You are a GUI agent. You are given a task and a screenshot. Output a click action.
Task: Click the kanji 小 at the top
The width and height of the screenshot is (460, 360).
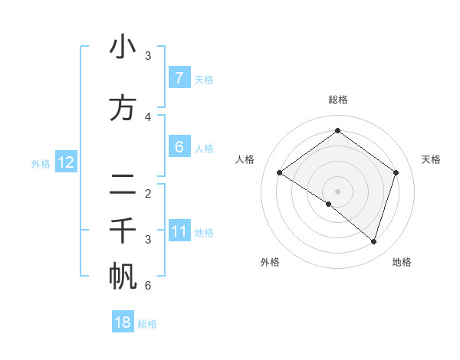(x=123, y=47)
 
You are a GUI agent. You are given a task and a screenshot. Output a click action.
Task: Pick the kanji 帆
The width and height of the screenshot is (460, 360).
(x=123, y=277)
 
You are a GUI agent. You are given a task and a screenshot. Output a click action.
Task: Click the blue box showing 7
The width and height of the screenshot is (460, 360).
(x=179, y=78)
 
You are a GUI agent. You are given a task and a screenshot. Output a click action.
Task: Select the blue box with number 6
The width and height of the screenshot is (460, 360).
(x=179, y=147)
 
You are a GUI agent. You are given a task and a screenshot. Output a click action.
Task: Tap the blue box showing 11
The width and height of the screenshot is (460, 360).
(x=179, y=232)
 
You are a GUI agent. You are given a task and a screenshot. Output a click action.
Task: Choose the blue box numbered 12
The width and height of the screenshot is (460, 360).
(x=65, y=162)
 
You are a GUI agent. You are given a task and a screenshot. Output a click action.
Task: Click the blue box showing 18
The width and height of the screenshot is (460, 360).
(x=123, y=322)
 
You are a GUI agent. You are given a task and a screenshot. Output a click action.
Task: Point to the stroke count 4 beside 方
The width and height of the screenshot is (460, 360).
(x=148, y=116)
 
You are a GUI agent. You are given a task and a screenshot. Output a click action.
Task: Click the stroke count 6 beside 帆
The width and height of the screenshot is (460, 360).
(x=148, y=286)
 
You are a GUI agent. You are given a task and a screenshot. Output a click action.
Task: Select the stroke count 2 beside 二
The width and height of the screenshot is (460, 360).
(x=148, y=194)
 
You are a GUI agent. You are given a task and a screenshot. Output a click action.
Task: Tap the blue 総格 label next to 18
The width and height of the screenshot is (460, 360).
(x=147, y=324)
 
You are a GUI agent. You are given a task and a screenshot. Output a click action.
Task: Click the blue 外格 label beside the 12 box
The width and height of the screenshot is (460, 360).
(x=41, y=163)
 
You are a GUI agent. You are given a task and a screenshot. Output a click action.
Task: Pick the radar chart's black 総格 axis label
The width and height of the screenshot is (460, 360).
(x=337, y=100)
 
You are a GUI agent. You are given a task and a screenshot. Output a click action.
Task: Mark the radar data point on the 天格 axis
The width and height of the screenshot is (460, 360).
(x=396, y=172)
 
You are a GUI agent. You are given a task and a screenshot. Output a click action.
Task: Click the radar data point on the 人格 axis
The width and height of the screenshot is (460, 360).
(x=279, y=172)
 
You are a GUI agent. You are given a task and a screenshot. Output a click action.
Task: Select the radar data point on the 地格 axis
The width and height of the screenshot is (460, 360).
(x=373, y=241)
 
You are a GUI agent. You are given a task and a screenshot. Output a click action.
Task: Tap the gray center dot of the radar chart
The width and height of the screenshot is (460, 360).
(x=337, y=191)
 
